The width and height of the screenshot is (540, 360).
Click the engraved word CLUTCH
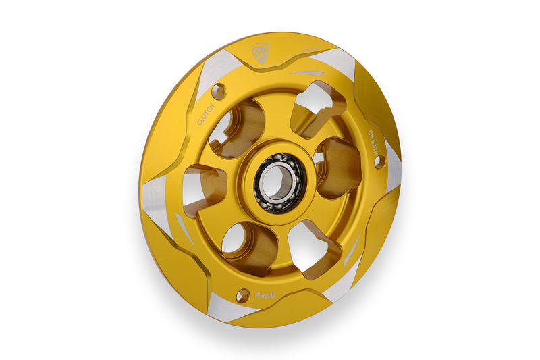(206, 115)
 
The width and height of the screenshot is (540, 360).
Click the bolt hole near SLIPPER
(244, 294)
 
